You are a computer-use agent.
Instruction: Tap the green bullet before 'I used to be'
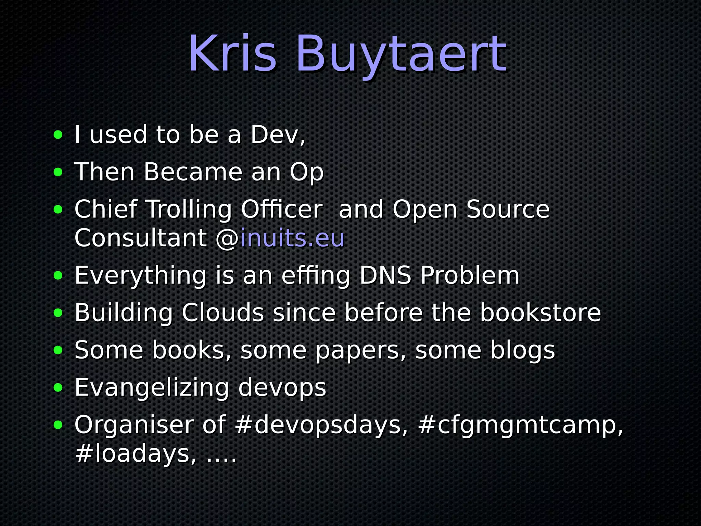pyautogui.click(x=58, y=135)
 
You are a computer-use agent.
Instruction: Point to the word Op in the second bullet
pyautogui.click(x=306, y=172)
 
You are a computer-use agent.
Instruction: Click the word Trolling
pyautogui.click(x=189, y=210)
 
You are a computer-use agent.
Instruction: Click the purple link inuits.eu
pyautogui.click(x=292, y=238)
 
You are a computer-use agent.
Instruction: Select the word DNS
pyautogui.click(x=385, y=275)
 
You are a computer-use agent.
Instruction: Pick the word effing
pyautogui.click(x=315, y=276)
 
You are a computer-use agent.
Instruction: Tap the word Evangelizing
pyautogui.click(x=152, y=388)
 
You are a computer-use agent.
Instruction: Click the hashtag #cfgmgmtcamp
pyautogui.click(x=517, y=426)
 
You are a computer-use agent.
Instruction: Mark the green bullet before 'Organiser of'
pyautogui.click(x=58, y=425)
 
